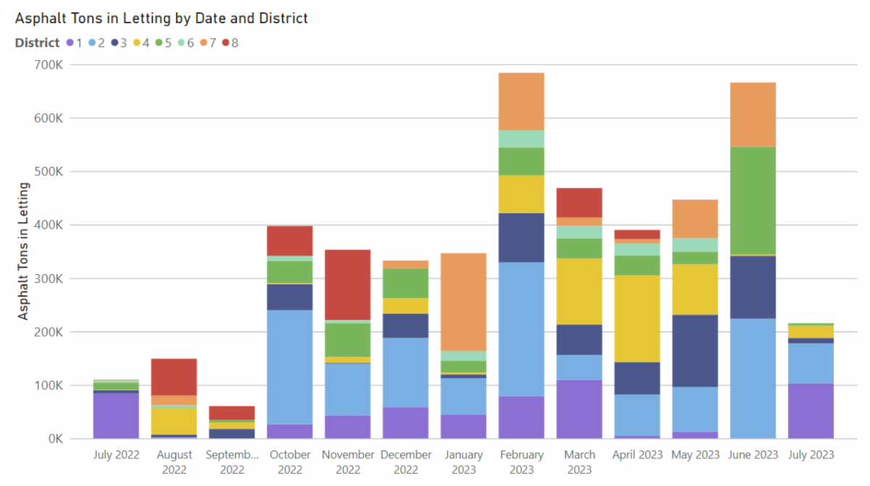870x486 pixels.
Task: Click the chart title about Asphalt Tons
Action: click(161, 18)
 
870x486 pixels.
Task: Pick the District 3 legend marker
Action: click(116, 43)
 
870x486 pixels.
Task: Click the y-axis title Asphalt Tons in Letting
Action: click(23, 251)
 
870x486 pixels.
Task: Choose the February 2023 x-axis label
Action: click(521, 461)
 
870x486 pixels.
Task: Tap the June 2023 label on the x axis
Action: click(753, 455)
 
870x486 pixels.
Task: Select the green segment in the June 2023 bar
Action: click(753, 200)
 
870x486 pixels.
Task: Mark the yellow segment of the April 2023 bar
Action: click(637, 318)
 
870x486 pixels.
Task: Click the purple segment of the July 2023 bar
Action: click(811, 411)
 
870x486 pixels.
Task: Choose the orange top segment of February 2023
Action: click(521, 102)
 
